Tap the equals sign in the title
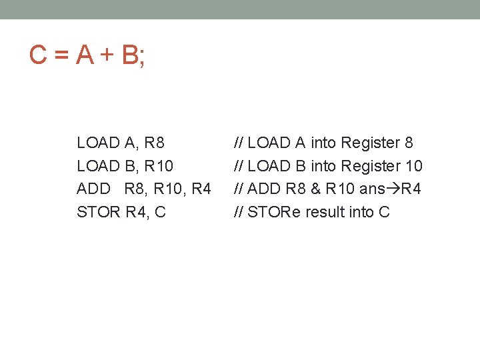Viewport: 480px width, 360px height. pos(62,56)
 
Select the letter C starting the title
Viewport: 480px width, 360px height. pos(38,55)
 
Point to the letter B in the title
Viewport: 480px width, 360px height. pos(131,55)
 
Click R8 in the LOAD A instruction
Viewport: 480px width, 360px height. pos(154,143)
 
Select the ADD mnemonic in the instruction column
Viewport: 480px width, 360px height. pos(93,189)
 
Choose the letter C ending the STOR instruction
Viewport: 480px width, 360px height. pos(160,213)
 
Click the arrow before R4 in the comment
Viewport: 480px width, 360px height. pos(393,189)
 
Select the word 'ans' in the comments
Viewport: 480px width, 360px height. pos(372,189)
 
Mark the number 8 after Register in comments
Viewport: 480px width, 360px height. pos(409,143)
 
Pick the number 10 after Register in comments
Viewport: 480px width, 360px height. pos(413,166)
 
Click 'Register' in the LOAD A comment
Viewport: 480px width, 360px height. pos(371,143)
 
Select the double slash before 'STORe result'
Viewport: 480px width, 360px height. pos(239,213)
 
